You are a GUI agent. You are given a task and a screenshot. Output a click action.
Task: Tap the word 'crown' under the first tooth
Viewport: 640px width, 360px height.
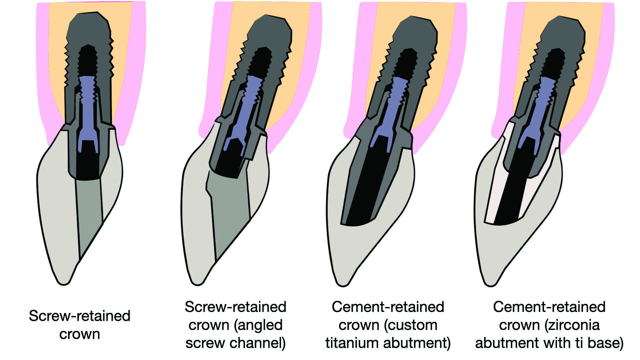80,334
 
